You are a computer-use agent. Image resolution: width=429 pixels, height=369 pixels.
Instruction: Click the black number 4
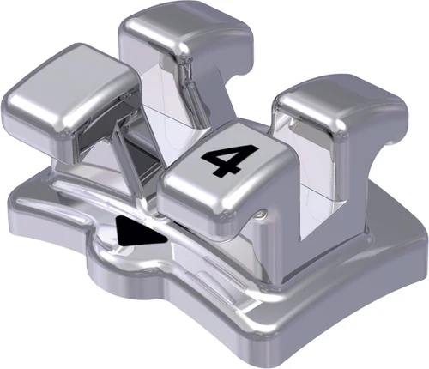click(x=220, y=160)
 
